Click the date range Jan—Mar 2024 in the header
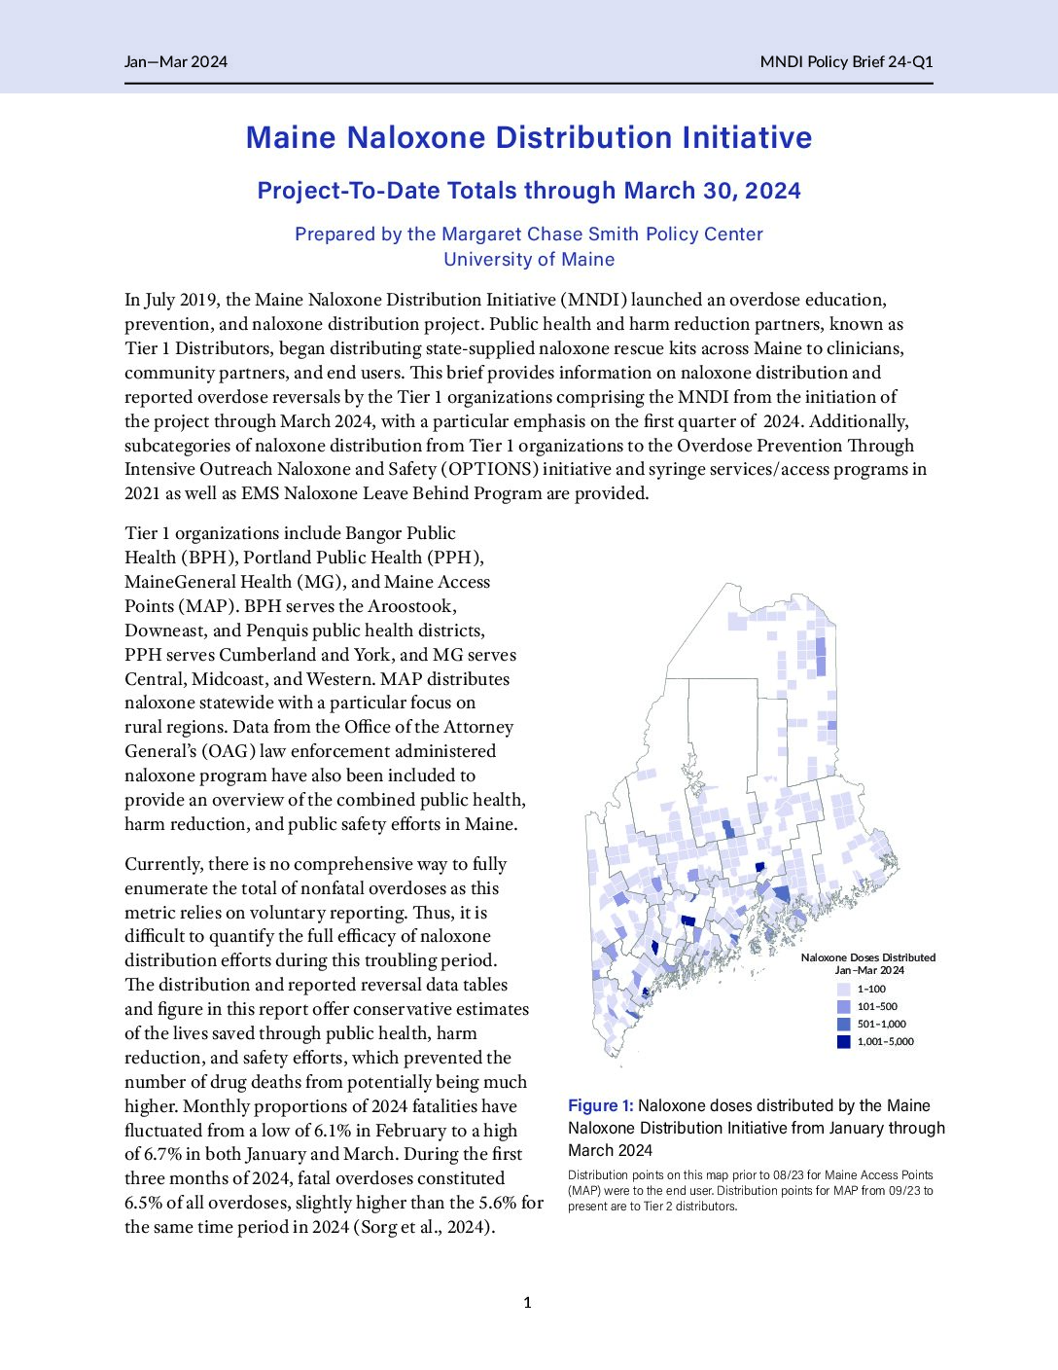175,62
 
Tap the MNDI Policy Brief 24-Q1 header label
846,62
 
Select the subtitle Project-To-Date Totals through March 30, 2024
529,191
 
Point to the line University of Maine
529,260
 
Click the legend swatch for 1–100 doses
844,989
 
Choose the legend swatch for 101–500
844,1006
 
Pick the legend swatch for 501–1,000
844,1024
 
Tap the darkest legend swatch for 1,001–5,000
844,1041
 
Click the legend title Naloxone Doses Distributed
867,957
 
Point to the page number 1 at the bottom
527,1303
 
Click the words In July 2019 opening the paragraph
169,300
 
